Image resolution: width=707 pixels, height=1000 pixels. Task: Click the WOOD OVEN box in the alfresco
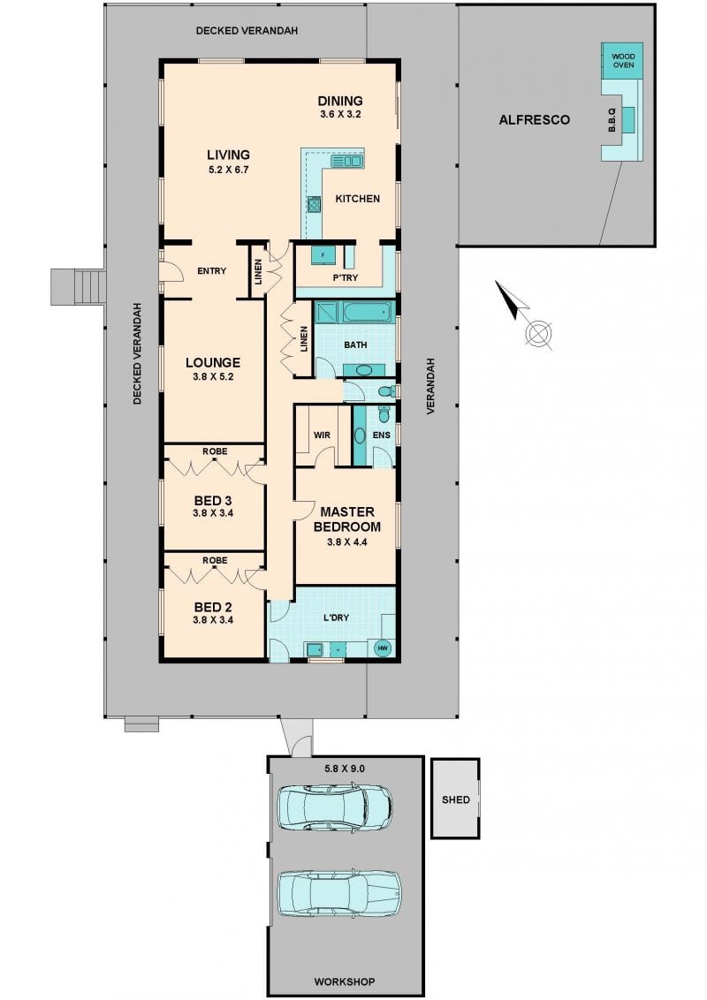pos(622,61)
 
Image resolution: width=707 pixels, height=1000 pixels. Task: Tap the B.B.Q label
pos(611,120)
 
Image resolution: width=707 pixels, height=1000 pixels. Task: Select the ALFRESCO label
pos(534,120)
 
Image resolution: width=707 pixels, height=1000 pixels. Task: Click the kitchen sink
pos(346,162)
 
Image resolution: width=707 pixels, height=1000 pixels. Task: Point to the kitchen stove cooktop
pos(315,205)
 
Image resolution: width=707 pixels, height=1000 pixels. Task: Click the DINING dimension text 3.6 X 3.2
pos(341,115)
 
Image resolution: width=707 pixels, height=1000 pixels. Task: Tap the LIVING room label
pos(228,155)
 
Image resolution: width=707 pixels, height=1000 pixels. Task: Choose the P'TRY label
pos(346,277)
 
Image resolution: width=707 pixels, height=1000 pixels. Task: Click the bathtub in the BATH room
pos(369,313)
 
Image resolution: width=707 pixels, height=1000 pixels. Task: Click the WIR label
pos(322,435)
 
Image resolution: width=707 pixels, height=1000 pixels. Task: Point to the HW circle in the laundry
pos(383,648)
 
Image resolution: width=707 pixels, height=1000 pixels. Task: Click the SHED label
pos(456,799)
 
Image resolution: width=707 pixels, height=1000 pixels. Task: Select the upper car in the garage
pos(335,807)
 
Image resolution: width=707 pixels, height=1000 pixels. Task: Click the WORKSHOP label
pos(345,981)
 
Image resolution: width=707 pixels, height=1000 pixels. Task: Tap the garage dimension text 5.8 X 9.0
pos(345,769)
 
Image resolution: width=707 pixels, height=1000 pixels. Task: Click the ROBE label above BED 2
pos(215,561)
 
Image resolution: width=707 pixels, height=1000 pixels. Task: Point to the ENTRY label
pos(212,271)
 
